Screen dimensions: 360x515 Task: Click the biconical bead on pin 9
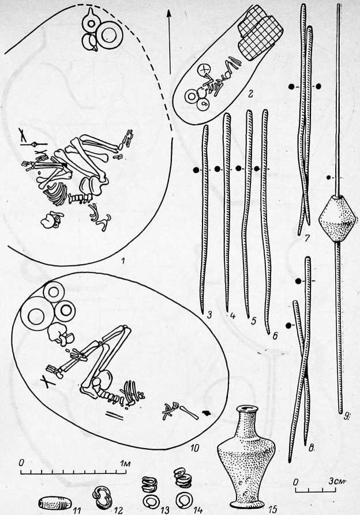click(337, 219)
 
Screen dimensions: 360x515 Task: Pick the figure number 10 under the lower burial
click(194, 448)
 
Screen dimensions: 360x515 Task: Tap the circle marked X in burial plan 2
click(204, 70)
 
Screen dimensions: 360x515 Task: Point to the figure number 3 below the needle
click(209, 315)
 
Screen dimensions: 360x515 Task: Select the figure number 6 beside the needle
click(275, 336)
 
